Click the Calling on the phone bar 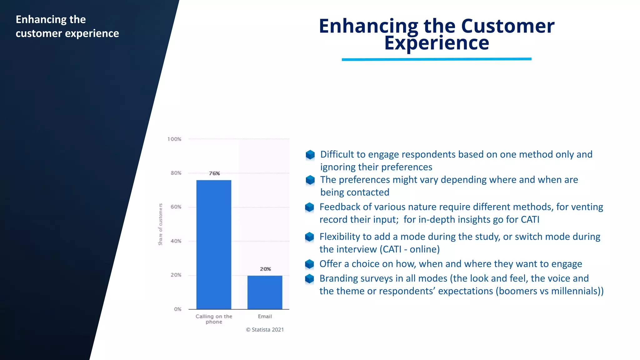[x=214, y=244]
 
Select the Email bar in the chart [x=265, y=292]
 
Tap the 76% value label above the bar [x=214, y=173]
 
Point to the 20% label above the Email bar [x=265, y=269]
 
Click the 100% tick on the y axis [x=174, y=139]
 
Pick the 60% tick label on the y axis [x=176, y=207]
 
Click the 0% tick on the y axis [x=177, y=309]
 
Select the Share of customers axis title [x=160, y=224]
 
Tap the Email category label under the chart [x=265, y=316]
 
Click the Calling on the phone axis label [x=214, y=319]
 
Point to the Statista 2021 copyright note [x=265, y=330]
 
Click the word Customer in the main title [x=507, y=26]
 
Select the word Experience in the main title [x=437, y=43]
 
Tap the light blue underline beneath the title [x=437, y=59]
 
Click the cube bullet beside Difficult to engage [x=310, y=154]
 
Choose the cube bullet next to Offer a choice [x=309, y=264]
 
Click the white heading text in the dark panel [x=67, y=26]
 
